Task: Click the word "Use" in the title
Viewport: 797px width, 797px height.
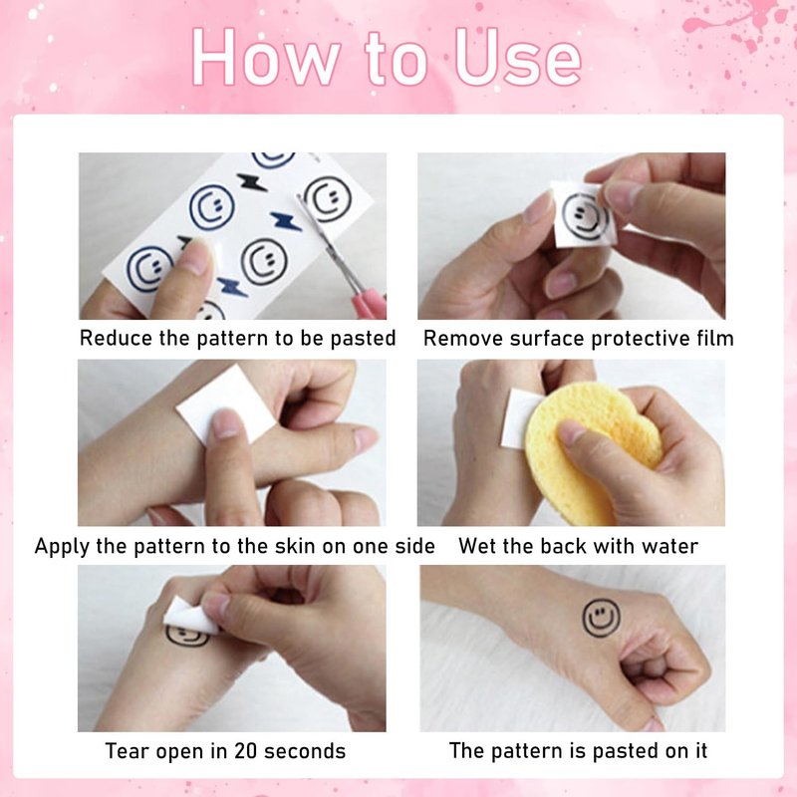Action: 517,58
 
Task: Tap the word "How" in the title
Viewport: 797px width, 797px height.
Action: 265,58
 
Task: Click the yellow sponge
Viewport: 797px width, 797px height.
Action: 591,451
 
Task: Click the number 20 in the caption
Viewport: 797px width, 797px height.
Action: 245,751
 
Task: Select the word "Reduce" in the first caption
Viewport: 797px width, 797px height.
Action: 116,339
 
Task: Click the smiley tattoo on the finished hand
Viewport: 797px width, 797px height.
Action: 602,618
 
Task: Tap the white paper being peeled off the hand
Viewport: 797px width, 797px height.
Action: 190,616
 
